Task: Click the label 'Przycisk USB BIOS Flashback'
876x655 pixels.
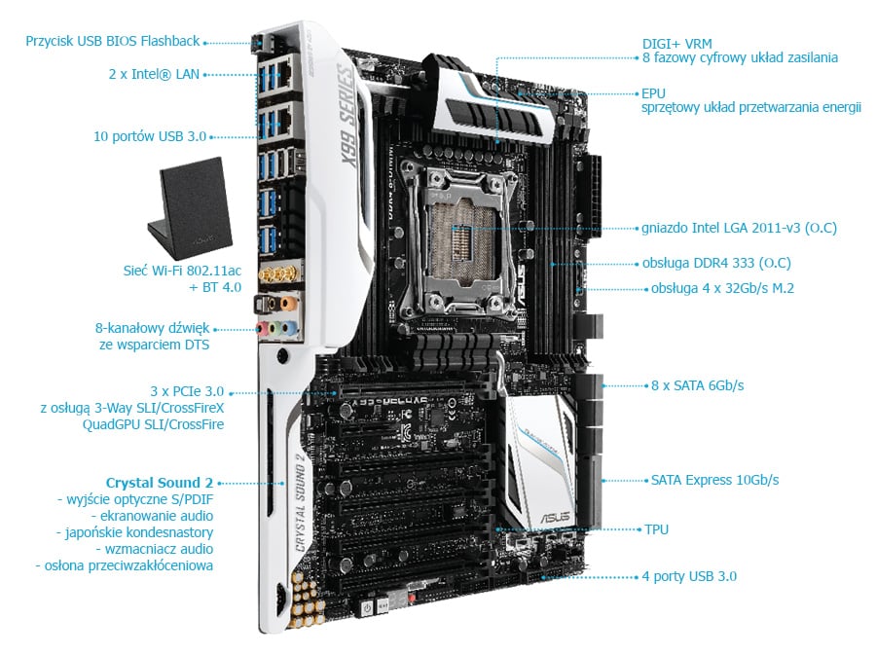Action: coord(112,41)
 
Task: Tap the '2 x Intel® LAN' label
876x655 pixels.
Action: coord(154,74)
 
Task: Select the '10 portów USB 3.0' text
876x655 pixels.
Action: coord(150,137)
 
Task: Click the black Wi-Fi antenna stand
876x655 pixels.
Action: coord(190,208)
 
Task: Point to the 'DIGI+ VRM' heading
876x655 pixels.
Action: coord(676,44)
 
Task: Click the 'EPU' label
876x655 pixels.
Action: coord(653,93)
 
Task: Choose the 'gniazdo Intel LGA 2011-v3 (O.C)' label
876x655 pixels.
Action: coord(739,228)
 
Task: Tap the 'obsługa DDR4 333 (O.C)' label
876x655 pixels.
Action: coord(716,263)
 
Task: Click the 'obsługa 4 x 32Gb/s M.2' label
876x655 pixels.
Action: coord(722,289)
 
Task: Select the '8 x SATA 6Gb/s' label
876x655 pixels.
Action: coord(697,385)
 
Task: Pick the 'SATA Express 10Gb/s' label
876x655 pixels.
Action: coord(714,480)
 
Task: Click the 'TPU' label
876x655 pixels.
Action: coord(656,529)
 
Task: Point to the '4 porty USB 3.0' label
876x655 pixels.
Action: coord(689,577)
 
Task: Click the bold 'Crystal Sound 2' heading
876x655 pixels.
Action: coord(160,483)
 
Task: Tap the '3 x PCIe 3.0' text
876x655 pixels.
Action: coord(187,391)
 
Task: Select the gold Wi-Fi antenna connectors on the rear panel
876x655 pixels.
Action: coord(278,274)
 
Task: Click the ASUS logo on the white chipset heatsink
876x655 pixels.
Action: coord(556,518)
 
